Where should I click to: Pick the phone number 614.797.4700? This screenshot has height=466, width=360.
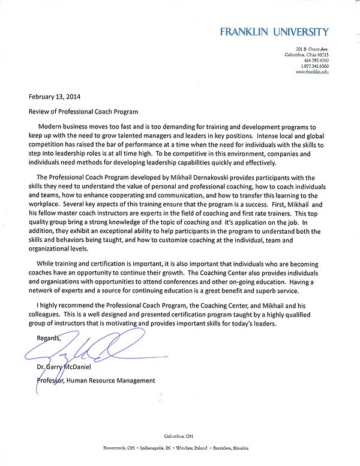(316, 61)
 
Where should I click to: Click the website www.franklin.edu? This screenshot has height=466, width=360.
(312, 72)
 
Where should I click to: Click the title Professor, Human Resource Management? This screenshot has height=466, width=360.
(95, 381)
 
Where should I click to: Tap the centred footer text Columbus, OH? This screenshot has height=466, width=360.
(179, 436)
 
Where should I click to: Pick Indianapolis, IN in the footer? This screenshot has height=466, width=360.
(158, 449)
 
